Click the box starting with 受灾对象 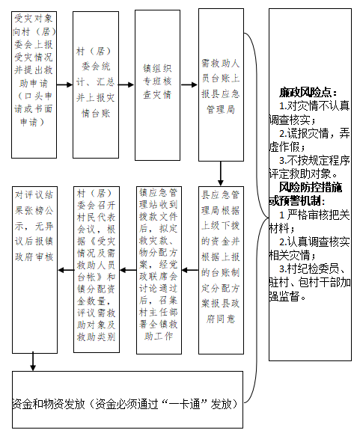34,85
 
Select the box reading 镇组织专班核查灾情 157,85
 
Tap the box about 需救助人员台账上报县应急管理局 221,85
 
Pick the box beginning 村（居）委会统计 96,85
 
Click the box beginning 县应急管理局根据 221,270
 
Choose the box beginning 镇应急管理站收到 159,270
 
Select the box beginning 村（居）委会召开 97,269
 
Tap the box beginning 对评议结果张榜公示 34,270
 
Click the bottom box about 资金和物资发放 127,399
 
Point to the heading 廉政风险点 308,92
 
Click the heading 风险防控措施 311,188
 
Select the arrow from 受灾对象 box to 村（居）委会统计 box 64,85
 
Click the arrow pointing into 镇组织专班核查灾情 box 127,85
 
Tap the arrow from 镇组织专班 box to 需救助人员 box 189,85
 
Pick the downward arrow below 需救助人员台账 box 221,174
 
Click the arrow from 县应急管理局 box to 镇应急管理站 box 190,270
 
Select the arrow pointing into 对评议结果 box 66,270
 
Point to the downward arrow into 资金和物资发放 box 33,361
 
